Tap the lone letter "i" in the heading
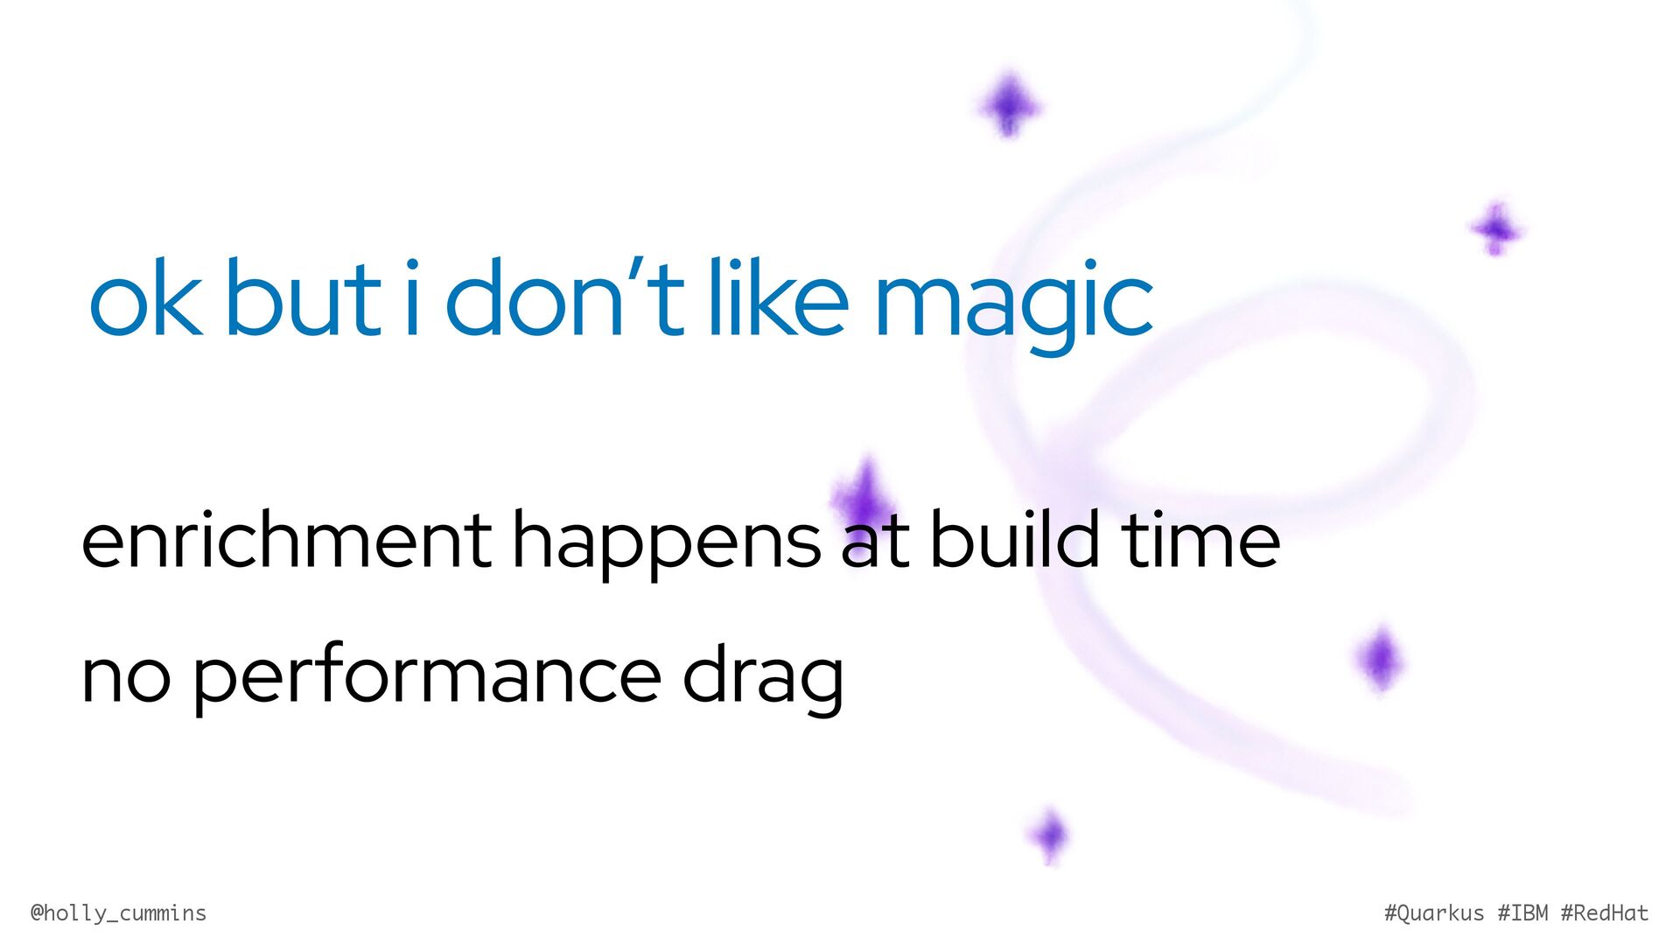coord(411,297)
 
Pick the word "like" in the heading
coord(778,297)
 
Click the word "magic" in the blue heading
coord(1014,306)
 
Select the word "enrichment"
coord(287,539)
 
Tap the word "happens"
coord(667,545)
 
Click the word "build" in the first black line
coord(1013,538)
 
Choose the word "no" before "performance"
coord(126,678)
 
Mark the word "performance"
coord(427,678)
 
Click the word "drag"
coord(763,679)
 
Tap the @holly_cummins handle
coord(118,913)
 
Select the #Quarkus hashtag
coord(1434,913)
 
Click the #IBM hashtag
coord(1522,913)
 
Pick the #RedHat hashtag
coord(1605,913)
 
